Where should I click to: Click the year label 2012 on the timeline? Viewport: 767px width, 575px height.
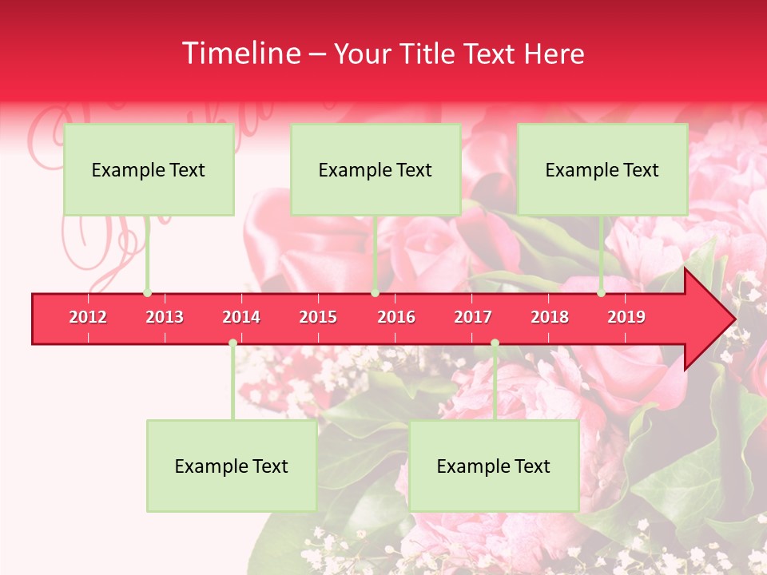pos(88,317)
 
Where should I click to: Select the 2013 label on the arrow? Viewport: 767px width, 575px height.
pos(165,317)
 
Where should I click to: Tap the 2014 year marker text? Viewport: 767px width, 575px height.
pos(241,317)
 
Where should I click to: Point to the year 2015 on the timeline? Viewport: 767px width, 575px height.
pos(318,317)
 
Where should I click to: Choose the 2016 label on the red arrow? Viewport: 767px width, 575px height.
pos(396,317)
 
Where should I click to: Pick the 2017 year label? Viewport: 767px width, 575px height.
pos(473,317)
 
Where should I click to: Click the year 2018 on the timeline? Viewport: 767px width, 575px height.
pos(550,317)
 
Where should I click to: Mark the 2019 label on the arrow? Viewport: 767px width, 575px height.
pos(626,317)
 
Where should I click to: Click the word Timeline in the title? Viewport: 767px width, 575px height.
pos(240,54)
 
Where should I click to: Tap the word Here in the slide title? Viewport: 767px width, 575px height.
pos(554,54)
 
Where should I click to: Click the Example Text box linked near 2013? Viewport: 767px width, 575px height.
pos(149,169)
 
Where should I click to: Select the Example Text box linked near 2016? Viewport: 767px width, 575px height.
pos(376,169)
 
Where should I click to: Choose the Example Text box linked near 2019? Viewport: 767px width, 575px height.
pos(602,169)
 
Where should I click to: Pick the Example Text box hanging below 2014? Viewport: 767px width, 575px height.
pos(232,466)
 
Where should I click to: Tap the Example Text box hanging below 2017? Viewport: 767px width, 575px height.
pos(494,466)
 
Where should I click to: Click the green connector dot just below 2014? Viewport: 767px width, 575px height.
pos(232,343)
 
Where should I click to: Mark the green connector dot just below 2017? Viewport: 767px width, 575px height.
pos(495,343)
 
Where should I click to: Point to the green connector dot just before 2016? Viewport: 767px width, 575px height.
pos(375,293)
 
